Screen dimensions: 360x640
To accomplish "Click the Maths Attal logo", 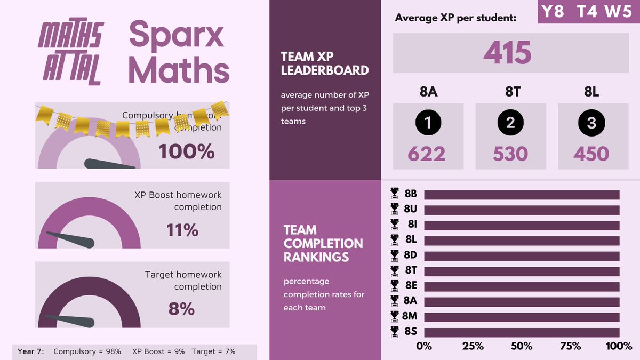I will (69, 54).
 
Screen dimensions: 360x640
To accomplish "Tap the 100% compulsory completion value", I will (186, 151).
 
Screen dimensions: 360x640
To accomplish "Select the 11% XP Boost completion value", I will (182, 230).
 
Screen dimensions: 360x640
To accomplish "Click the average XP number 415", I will (507, 53).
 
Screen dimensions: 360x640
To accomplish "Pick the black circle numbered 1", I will (428, 123).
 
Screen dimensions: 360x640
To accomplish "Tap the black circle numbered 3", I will (591, 123).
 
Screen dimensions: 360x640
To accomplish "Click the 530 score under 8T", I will (510, 154).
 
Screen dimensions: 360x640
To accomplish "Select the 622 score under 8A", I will (427, 154).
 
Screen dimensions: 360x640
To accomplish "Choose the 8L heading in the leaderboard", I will (591, 92).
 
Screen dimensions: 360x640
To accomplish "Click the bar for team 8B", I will (522, 195).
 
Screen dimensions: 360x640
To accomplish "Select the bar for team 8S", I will (522, 332).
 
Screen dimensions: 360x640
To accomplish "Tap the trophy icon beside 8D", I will (395, 255).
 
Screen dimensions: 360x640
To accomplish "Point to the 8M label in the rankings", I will (411, 317).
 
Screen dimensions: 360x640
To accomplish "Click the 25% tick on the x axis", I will (473, 346).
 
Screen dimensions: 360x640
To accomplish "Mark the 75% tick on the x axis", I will (570, 346).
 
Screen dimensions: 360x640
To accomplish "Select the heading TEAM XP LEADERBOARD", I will (325, 63).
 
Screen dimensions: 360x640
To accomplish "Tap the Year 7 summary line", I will (126, 351).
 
